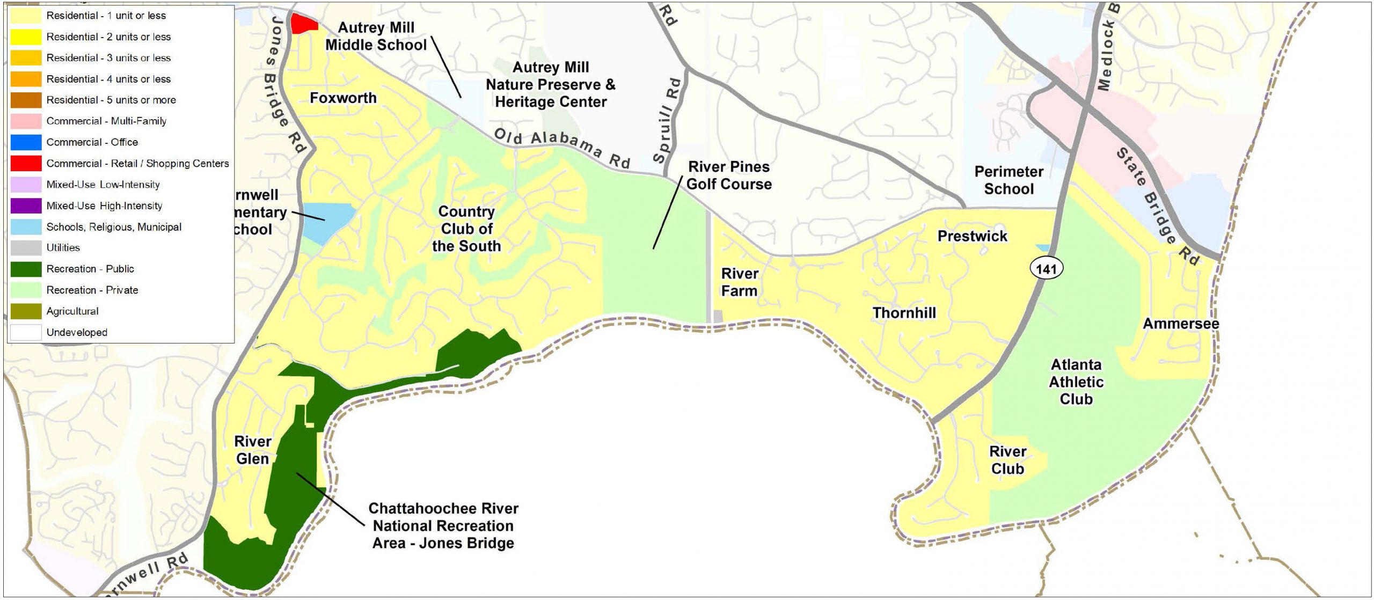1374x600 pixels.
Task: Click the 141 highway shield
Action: pyautogui.click(x=1046, y=268)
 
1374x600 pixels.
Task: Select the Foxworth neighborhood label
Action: pyautogui.click(x=343, y=98)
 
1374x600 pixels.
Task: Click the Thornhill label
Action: pyautogui.click(x=904, y=313)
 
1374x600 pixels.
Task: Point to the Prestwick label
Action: pyautogui.click(x=972, y=236)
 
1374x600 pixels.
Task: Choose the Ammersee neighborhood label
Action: pyautogui.click(x=1181, y=324)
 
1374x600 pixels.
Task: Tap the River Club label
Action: pyautogui.click(x=1007, y=460)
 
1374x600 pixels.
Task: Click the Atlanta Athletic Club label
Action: pyautogui.click(x=1076, y=382)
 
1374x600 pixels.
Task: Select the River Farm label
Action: pyautogui.click(x=739, y=282)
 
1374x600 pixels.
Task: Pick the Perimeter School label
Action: pyautogui.click(x=1008, y=180)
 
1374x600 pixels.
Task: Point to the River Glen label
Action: pyautogui.click(x=252, y=450)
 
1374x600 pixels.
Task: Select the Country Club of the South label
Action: pyautogui.click(x=466, y=229)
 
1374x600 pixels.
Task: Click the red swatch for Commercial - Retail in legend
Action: pyautogui.click(x=26, y=163)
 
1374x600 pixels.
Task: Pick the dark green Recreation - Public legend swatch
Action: pyautogui.click(x=26, y=269)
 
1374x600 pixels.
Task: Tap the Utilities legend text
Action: pyautogui.click(x=63, y=247)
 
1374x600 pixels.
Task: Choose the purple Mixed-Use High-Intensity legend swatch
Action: pyautogui.click(x=26, y=206)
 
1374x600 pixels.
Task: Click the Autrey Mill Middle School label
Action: pyautogui.click(x=376, y=36)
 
